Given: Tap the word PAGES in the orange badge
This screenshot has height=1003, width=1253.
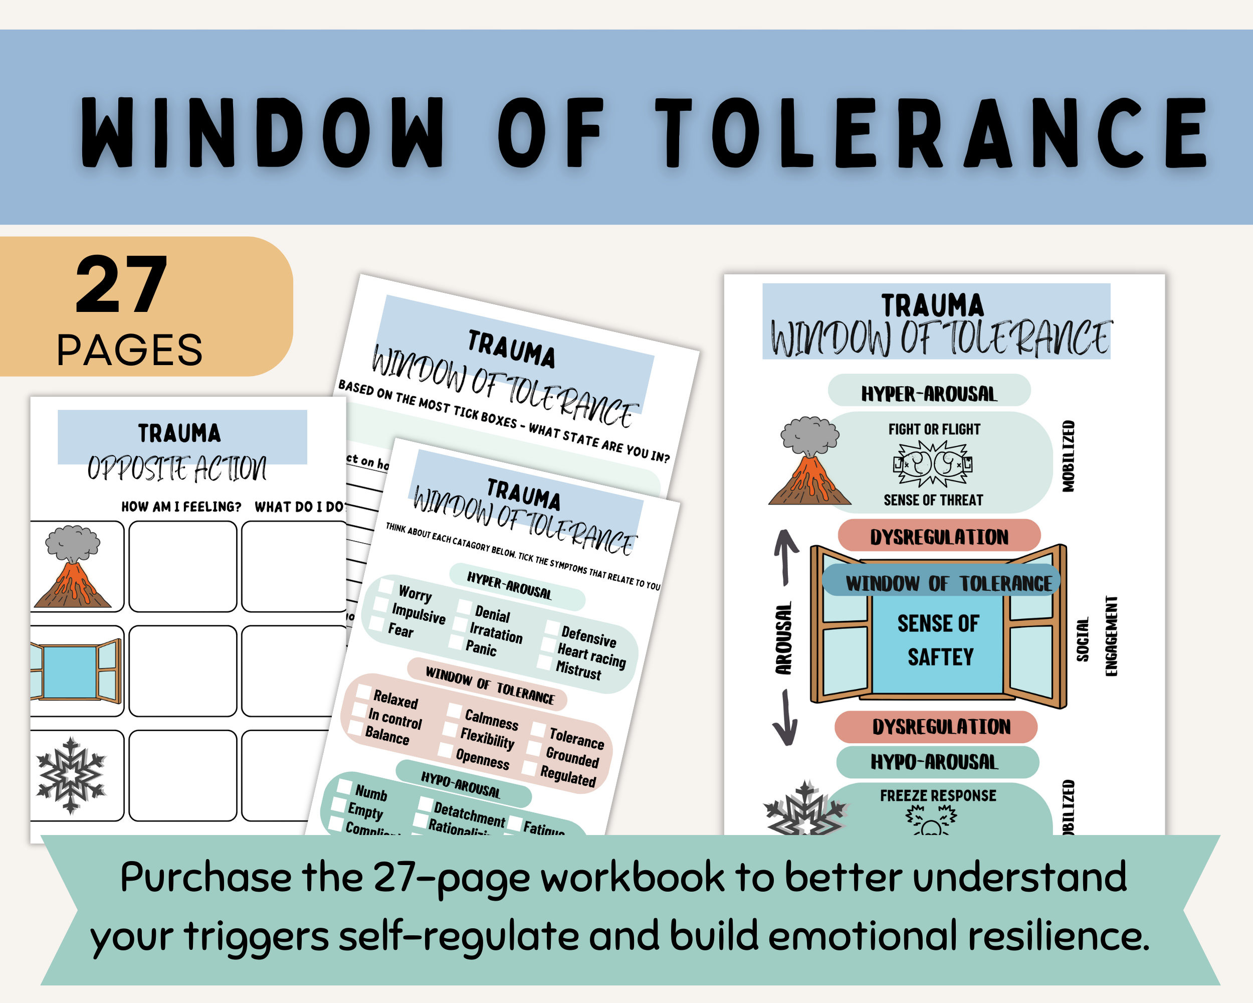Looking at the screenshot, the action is [x=129, y=350].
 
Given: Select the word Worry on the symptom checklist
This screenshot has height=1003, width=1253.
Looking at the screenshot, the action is [x=415, y=594].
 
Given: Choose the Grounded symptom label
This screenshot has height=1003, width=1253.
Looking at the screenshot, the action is [x=572, y=757].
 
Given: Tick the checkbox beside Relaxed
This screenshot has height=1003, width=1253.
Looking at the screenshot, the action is [x=364, y=692].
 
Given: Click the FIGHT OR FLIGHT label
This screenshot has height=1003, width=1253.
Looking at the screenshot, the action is [x=934, y=429].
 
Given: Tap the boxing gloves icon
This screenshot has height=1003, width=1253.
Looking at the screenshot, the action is [x=932, y=463].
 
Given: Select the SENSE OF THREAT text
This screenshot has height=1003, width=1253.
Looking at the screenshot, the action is [x=933, y=500].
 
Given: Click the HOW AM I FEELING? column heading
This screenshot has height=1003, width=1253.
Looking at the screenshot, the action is [x=181, y=507].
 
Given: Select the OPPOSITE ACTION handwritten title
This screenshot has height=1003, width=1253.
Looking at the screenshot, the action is [x=177, y=468].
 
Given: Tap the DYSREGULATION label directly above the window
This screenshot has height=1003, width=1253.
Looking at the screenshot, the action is [x=939, y=537].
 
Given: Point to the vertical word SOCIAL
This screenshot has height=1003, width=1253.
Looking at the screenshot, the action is [x=1082, y=639].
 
